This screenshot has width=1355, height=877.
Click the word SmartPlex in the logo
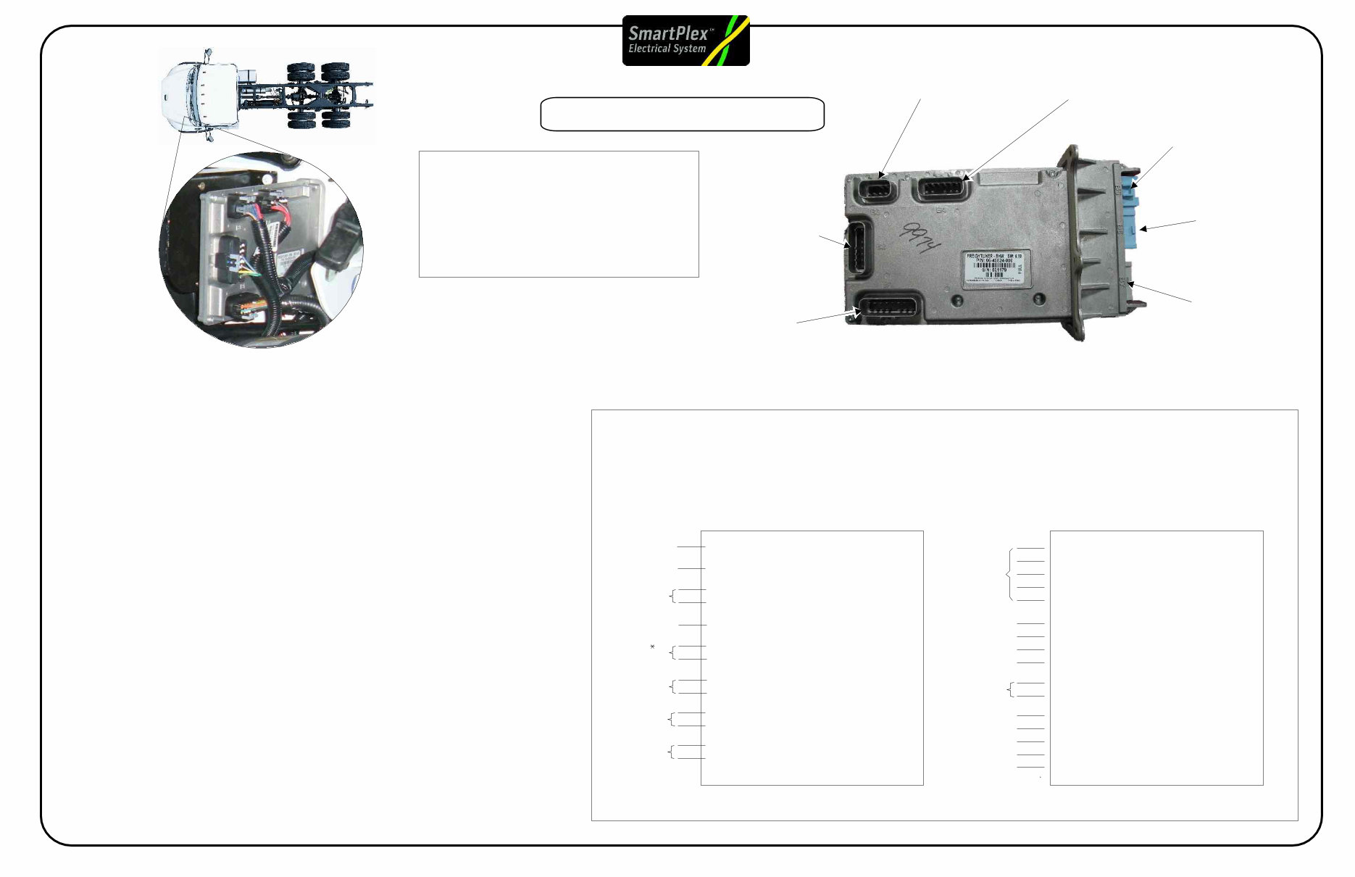(x=667, y=33)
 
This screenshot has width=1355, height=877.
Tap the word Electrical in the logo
(x=648, y=49)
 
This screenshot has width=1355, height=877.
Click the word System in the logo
(x=689, y=49)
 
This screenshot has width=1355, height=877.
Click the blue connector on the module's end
(x=1131, y=210)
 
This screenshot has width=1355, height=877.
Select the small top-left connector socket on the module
(x=877, y=191)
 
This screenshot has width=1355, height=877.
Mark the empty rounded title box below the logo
(x=682, y=115)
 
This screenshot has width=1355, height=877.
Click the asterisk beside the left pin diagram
(x=653, y=647)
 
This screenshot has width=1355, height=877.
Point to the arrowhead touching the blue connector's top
(x=1134, y=185)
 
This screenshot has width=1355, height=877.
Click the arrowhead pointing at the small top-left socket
(x=881, y=175)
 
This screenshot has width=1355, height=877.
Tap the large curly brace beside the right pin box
(x=1009, y=575)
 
